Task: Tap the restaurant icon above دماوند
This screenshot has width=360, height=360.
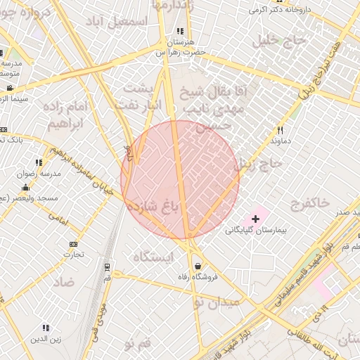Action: coord(280,130)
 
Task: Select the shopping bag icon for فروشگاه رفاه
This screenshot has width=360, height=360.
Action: coord(199,266)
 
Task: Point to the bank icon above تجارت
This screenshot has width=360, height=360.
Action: coord(74,244)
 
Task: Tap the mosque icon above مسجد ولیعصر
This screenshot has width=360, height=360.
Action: coord(26,188)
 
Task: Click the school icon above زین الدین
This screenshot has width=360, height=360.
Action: coord(46,328)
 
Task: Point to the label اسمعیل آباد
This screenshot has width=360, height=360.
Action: coord(124,21)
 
